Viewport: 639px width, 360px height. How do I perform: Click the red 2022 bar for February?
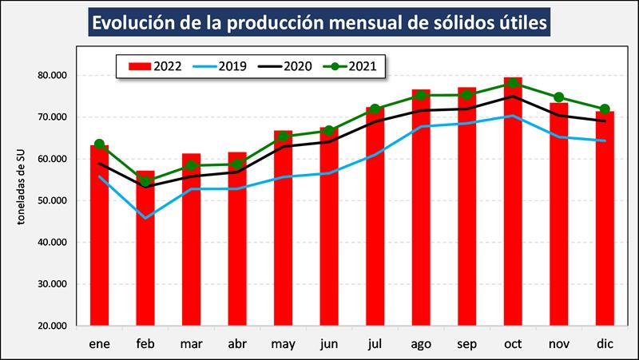coord(145,247)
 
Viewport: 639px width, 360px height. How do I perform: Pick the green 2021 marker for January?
coord(99,144)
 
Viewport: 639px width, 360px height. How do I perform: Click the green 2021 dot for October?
coord(513,84)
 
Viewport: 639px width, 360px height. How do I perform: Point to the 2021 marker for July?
coord(375,109)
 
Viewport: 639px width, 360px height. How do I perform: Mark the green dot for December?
coord(605,109)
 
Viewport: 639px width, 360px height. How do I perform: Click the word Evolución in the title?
coord(137,23)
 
